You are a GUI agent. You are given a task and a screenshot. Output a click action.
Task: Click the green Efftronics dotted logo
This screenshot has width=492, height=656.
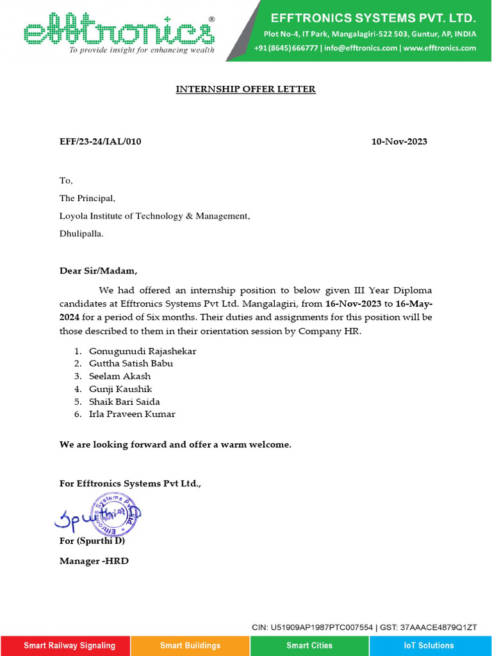click(119, 31)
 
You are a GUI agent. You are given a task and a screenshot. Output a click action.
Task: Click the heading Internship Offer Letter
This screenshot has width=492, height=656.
click(246, 89)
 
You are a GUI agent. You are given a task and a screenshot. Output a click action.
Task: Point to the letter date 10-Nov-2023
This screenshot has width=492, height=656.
click(399, 142)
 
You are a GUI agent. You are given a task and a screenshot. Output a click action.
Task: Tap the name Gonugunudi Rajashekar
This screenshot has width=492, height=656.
click(142, 351)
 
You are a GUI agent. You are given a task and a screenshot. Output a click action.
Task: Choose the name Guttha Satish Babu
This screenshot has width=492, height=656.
click(131, 363)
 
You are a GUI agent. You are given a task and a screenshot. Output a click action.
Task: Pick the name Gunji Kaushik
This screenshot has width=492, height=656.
click(120, 389)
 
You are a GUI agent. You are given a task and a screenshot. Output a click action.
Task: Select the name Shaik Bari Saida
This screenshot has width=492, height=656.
click(124, 402)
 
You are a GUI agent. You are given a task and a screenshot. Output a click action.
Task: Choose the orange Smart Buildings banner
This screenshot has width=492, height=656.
click(190, 645)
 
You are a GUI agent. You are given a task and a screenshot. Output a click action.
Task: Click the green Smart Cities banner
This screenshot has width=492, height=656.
click(310, 645)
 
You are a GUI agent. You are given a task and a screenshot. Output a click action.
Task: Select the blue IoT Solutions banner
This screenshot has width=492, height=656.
click(429, 645)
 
